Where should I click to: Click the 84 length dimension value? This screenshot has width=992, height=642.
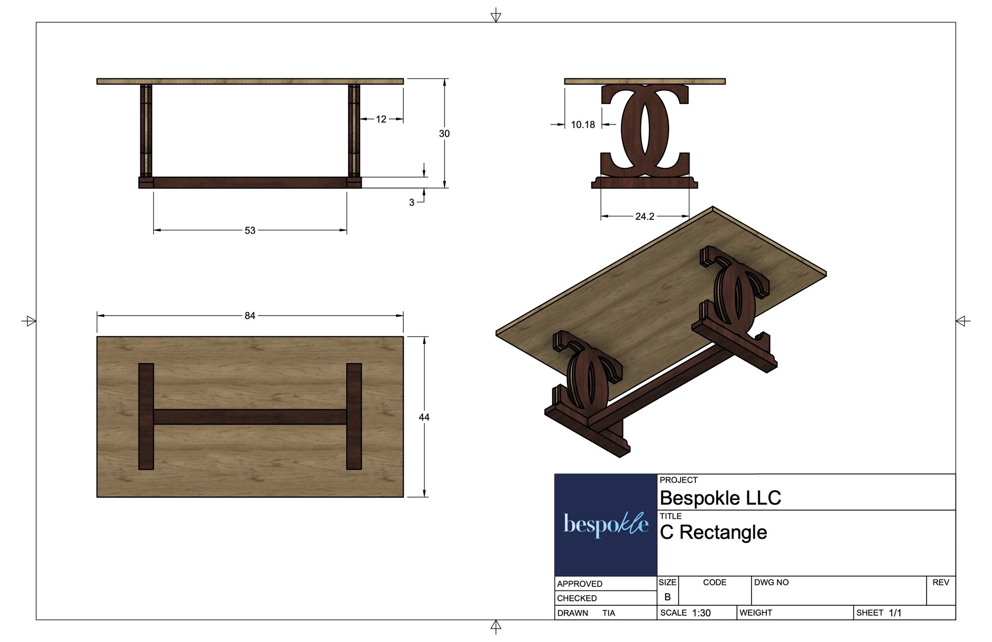(249, 316)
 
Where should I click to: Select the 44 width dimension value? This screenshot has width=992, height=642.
(424, 417)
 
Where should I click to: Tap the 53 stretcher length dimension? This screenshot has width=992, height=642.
(250, 231)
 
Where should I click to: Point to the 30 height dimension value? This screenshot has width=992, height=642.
(444, 133)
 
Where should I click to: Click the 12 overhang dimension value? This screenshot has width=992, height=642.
(381, 119)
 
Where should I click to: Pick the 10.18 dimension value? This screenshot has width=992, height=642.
(583, 125)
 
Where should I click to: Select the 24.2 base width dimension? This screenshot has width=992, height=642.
(645, 216)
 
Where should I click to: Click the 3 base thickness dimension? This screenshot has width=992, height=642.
(412, 202)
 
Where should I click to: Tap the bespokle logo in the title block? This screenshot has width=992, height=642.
(606, 524)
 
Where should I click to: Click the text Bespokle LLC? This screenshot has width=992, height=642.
(720, 498)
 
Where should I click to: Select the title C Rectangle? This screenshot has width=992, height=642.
(713, 532)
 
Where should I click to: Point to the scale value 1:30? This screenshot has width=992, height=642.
(701, 613)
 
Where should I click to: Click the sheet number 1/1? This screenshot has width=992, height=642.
(895, 613)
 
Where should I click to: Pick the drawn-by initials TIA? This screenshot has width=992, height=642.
(609, 613)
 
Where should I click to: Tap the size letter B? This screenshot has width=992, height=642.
(668, 597)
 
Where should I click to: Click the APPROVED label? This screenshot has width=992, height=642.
(579, 584)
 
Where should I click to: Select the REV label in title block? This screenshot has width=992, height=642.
(940, 582)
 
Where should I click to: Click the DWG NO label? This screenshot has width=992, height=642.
(771, 582)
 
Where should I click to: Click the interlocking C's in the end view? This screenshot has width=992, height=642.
(645, 130)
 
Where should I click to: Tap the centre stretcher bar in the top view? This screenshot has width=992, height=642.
(250, 417)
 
